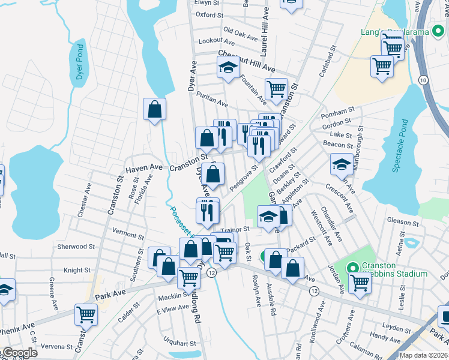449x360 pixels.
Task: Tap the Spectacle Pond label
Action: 400,146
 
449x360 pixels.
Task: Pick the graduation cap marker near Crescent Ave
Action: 342,163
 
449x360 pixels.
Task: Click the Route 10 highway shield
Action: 423,80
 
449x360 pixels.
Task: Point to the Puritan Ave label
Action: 214,103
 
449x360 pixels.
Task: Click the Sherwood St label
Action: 76,246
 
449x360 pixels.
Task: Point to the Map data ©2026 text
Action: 423,355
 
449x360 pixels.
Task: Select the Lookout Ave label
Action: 220,42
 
